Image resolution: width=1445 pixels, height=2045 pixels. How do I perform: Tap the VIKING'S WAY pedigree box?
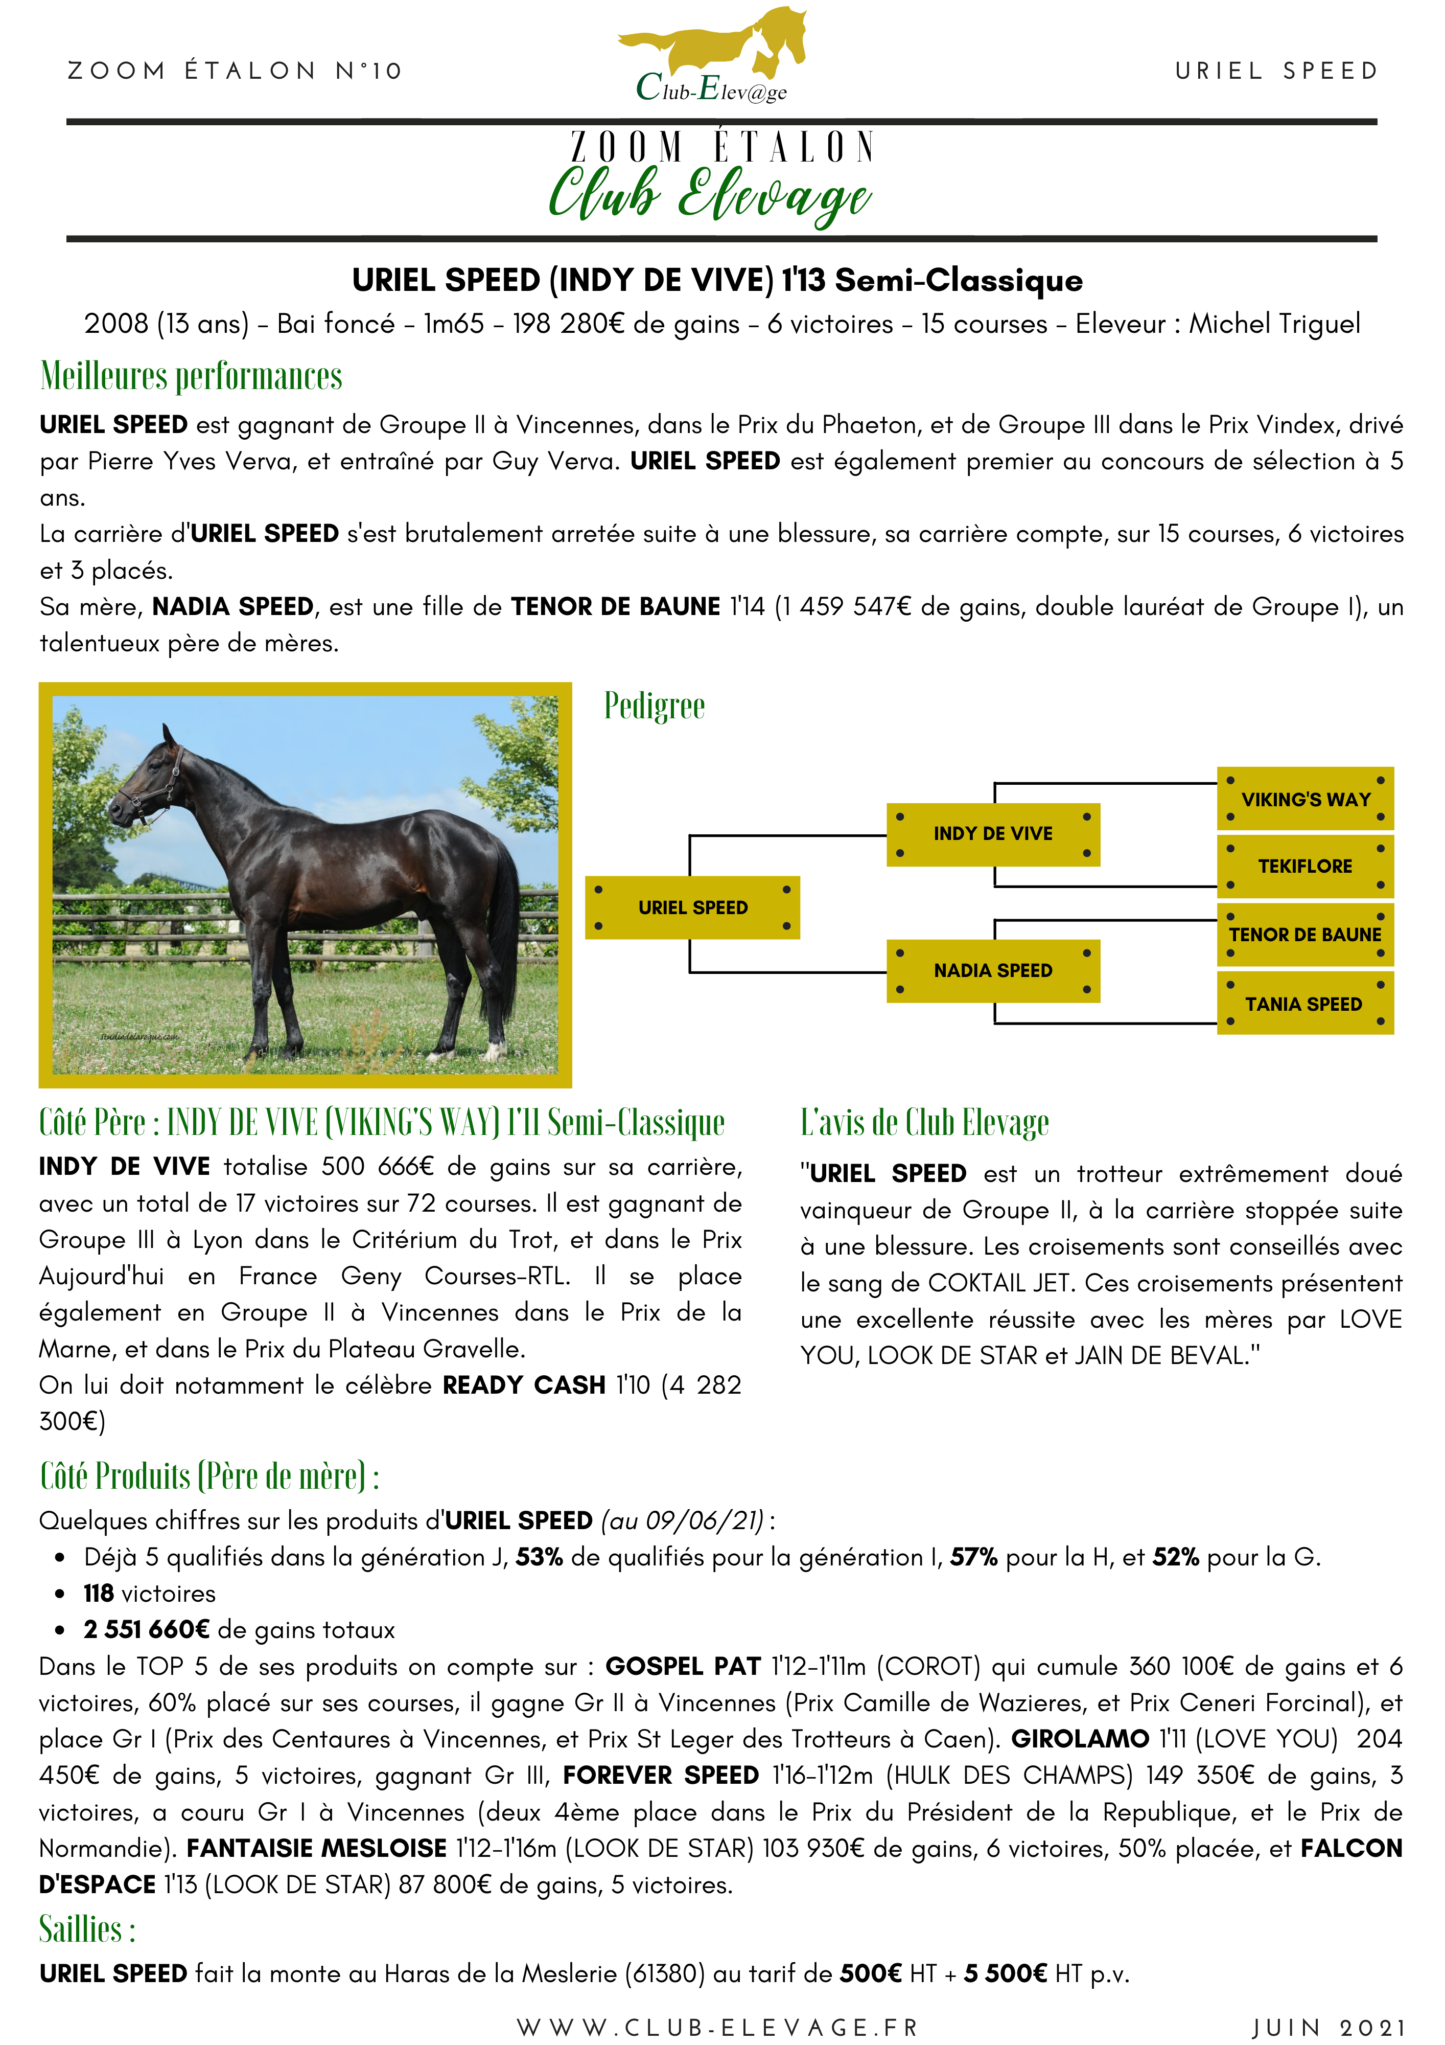point(1304,799)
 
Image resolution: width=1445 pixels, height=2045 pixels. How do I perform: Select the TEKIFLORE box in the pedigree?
point(1304,866)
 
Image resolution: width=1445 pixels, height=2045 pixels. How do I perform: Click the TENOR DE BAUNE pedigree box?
point(1304,935)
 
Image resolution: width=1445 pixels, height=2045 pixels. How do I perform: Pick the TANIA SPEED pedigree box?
point(1304,1004)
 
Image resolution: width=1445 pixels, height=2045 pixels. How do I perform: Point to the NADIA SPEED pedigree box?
point(993,970)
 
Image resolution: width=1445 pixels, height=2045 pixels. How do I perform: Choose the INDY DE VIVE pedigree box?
point(993,834)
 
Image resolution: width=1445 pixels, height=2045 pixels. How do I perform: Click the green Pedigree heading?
point(655,707)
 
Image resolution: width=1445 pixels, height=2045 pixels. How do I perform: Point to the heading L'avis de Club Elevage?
point(924,1122)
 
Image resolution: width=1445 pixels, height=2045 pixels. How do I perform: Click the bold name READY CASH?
point(524,1385)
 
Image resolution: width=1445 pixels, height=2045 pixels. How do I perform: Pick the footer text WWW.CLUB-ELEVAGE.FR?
point(717,2027)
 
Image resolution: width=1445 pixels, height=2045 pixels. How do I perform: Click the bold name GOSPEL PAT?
point(683,1667)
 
